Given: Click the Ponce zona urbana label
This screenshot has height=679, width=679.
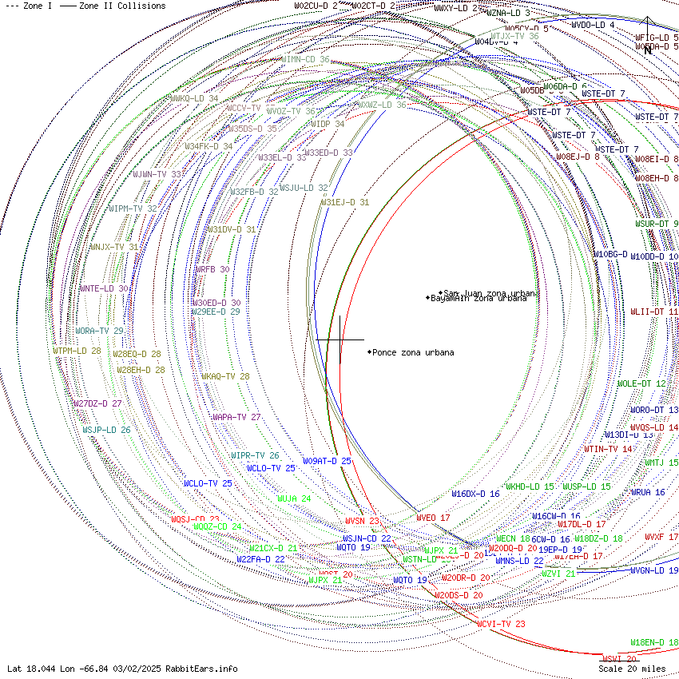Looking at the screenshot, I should [x=413, y=352].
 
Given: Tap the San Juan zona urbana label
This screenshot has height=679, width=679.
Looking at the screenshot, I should [x=489, y=293].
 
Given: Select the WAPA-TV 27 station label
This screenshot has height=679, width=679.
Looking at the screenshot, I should [x=236, y=417].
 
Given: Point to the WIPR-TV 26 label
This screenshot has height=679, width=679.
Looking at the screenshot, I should [x=255, y=455].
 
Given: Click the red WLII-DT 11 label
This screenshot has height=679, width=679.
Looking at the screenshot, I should [x=654, y=312].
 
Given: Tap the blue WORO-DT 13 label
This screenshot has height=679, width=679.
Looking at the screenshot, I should [x=654, y=410].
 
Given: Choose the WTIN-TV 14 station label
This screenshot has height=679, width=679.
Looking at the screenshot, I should [x=608, y=449].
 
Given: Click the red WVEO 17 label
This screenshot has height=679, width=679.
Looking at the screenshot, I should [x=433, y=518].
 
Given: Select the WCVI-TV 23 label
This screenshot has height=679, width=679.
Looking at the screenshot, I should [x=501, y=624].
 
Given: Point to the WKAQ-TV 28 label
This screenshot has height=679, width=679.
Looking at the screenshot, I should [x=225, y=376].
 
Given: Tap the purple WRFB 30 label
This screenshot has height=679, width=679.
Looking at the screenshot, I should [x=212, y=270].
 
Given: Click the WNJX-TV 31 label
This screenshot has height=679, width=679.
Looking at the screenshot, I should [x=113, y=247].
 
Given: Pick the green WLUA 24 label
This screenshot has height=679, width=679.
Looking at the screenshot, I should [x=294, y=498].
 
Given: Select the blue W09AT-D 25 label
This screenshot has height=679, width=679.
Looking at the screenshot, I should [x=327, y=461].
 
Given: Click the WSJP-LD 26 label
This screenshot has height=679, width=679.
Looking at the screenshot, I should [x=106, y=430].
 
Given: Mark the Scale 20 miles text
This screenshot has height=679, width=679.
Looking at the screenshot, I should [x=632, y=669].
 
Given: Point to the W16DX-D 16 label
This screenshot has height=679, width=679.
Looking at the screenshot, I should [x=475, y=494].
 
